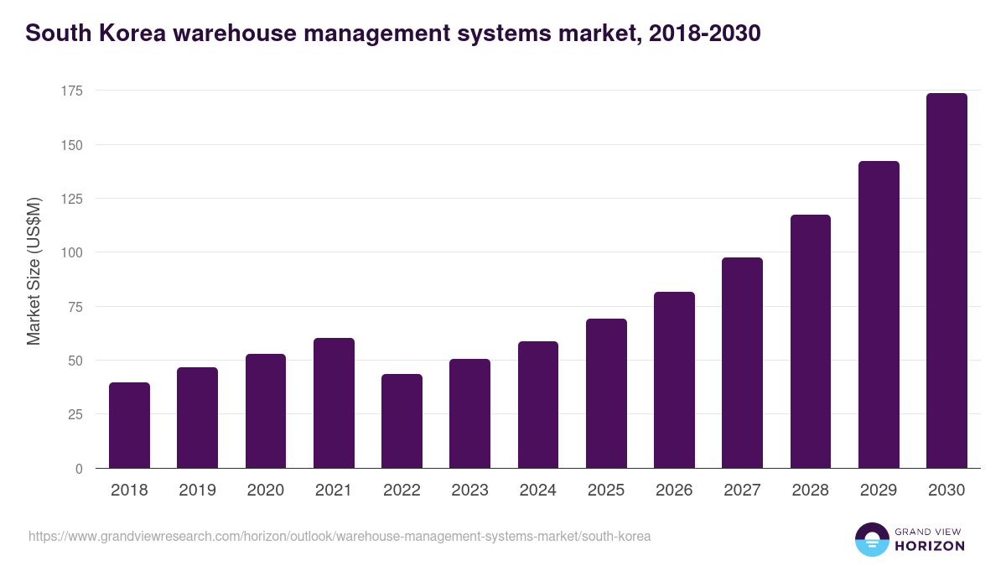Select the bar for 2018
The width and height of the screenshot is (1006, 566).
pos(130,425)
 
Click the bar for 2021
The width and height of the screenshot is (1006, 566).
pos(334,403)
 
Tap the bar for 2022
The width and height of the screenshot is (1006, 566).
pos(402,421)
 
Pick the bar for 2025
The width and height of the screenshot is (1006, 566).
pos(606,393)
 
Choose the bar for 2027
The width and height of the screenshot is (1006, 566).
pos(742,362)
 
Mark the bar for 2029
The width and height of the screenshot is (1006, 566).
pos(879,314)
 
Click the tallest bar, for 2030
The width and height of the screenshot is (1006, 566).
pos(946,281)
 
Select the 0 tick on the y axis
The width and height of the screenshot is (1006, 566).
pos(79,469)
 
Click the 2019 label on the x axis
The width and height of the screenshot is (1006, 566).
pos(198,491)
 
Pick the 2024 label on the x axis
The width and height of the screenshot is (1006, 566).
pos(538,491)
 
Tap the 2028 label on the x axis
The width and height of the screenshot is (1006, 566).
pos(811,491)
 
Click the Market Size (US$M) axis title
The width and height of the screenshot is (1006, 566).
pos(34,271)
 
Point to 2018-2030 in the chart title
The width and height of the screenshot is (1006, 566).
pos(705,34)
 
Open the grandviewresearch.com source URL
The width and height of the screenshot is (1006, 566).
pos(340,536)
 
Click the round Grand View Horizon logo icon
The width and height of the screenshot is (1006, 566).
pos(872,539)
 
